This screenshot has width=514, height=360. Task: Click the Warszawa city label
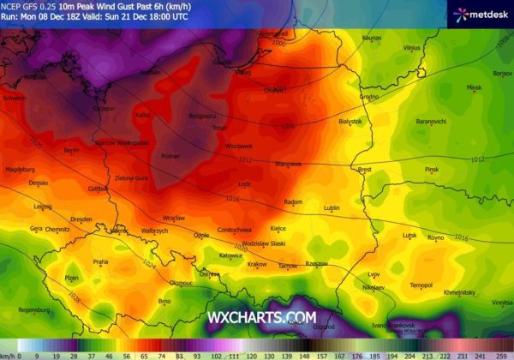(x=288, y=163)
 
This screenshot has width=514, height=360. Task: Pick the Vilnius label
(x=412, y=48)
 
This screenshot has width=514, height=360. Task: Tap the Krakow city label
(x=256, y=264)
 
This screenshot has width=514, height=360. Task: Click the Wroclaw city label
(x=198, y=218)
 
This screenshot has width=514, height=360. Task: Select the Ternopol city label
(x=421, y=285)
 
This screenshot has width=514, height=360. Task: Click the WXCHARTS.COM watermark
(x=262, y=318)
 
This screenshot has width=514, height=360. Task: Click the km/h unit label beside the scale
(x=8, y=354)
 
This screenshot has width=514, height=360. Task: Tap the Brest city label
(x=364, y=170)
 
